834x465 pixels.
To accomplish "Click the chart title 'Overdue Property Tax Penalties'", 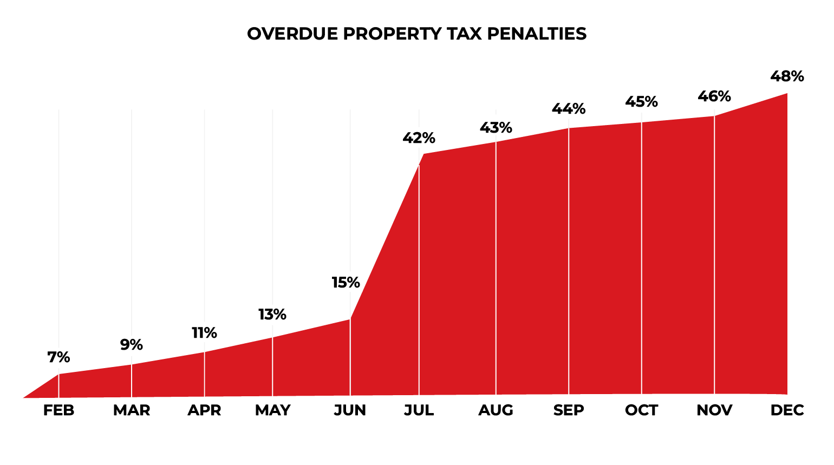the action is (416, 34).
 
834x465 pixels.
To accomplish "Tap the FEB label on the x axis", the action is (59, 410).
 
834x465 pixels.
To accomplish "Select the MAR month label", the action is (132, 410).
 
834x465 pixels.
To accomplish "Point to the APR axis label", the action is (204, 410).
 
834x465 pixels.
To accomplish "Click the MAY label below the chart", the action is (272, 410).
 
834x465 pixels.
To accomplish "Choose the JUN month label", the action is (350, 410).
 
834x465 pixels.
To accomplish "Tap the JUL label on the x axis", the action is (419, 410).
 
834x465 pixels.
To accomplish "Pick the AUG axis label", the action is (496, 410).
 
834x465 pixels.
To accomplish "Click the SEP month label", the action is (569, 410).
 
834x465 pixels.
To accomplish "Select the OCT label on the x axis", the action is (642, 410).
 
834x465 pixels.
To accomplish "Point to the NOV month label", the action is (714, 410).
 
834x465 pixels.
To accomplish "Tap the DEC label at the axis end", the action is (787, 410).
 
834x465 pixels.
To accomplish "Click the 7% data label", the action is (59, 357).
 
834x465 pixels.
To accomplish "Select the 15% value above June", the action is (346, 283).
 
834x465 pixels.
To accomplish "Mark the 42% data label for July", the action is (419, 138).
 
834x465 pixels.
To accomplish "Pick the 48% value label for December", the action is (787, 76).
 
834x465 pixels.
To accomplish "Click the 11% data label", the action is (204, 333).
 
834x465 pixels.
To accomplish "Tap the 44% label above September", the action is (569, 109).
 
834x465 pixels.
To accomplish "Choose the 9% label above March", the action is (132, 345).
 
